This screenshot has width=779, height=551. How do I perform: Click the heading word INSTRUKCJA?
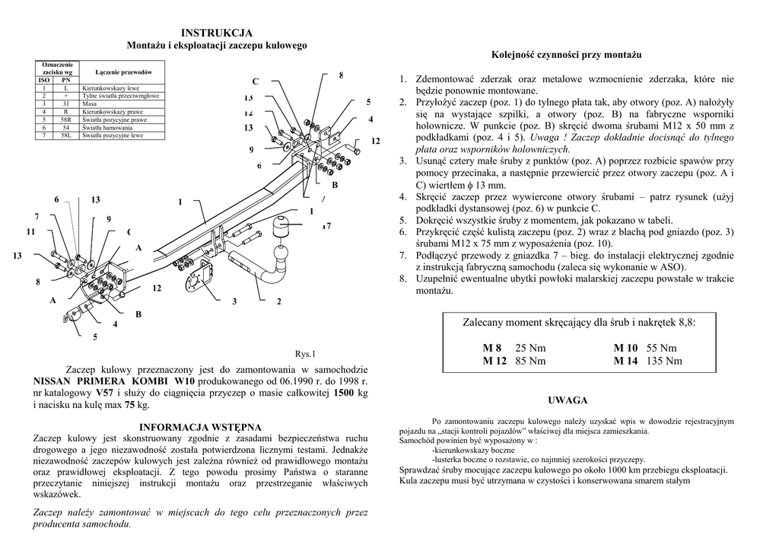(217, 33)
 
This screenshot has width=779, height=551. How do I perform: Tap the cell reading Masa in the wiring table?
(90, 104)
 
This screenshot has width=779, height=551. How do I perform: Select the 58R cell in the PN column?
(66, 120)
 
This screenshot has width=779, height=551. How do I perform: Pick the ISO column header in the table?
(43, 80)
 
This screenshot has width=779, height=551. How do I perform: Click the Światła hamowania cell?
(104, 128)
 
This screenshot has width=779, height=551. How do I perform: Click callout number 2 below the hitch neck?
(279, 302)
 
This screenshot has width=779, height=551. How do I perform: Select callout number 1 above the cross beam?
(180, 202)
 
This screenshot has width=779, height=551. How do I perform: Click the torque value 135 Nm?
(664, 361)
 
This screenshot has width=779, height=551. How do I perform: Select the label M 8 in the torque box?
(492, 348)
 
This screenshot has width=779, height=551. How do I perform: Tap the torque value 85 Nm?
(530, 361)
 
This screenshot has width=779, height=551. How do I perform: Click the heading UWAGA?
(568, 400)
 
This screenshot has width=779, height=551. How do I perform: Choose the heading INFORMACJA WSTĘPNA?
(201, 427)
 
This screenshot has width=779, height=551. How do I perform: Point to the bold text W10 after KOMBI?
(185, 381)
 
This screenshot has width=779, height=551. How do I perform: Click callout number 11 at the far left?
(30, 231)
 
